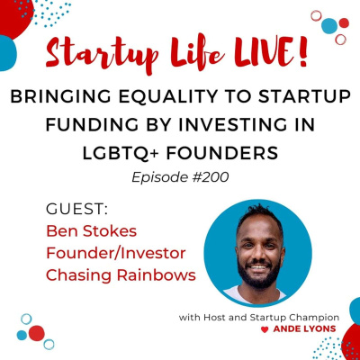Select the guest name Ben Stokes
[88, 230]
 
